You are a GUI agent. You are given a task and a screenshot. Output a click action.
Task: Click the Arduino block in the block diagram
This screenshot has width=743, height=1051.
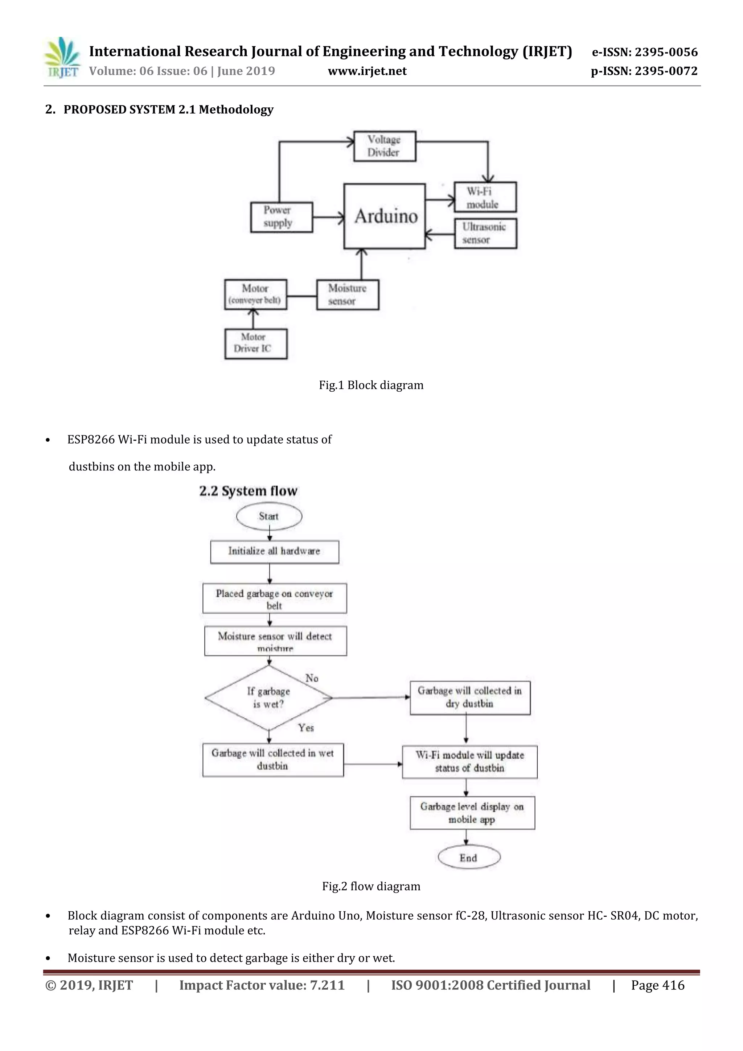pos(385,216)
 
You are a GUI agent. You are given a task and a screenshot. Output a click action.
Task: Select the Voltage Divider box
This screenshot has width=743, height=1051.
pos(385,146)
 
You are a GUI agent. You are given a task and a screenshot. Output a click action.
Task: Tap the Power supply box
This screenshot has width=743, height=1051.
pos(282,217)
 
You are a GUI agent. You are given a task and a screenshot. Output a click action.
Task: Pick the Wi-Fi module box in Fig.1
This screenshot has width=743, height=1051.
pos(485,197)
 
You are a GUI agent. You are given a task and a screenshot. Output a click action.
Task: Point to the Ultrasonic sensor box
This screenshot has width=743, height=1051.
pos(485,234)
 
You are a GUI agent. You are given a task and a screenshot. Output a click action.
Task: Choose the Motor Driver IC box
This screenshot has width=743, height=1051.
pos(256,343)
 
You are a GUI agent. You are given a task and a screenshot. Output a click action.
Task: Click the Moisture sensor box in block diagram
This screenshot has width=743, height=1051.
pos(348,295)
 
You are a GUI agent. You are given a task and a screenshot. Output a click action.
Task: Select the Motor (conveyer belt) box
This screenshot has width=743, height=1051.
pos(255,294)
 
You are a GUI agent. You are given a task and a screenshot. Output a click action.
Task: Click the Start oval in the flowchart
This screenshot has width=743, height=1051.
pos(269,516)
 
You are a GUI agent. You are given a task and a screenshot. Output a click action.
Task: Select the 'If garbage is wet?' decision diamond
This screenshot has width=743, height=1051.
pos(269,698)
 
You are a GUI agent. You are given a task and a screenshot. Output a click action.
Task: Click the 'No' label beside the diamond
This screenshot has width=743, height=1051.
pos(312,679)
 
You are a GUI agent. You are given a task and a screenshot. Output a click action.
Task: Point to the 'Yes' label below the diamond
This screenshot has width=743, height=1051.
pos(306,728)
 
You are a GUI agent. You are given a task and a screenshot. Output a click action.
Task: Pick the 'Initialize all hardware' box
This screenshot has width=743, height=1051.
pos(275,552)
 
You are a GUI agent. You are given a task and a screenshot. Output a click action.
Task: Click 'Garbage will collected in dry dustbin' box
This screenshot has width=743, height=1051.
pos(470,698)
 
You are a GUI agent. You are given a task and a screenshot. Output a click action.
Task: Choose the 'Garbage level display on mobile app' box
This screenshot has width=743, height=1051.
pos(472,813)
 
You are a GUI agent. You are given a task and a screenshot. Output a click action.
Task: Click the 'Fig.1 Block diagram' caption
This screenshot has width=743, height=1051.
pos(371,385)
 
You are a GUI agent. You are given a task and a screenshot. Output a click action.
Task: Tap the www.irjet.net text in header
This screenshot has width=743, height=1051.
pos(367,71)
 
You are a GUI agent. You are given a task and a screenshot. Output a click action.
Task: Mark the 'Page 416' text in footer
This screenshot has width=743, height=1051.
pos(657,985)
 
